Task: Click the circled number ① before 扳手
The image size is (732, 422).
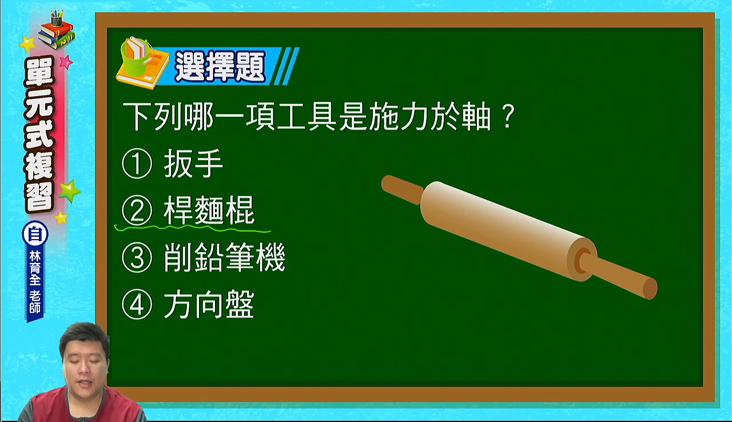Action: [x=137, y=164]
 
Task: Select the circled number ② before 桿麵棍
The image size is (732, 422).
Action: [x=137, y=210]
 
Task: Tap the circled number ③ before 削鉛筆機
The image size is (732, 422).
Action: [x=137, y=258]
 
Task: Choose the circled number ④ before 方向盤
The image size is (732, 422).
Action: [x=137, y=305]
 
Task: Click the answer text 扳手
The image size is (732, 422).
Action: [x=193, y=164]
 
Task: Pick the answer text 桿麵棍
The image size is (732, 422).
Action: [x=209, y=210]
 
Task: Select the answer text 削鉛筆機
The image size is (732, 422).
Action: [x=225, y=258]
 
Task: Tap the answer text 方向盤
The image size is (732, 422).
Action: [x=209, y=305]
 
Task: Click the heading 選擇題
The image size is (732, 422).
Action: [x=220, y=66]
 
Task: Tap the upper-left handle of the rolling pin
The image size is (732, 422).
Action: [x=402, y=189]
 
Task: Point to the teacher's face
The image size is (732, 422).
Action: [x=85, y=363]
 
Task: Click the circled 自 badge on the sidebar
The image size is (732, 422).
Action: [x=35, y=234]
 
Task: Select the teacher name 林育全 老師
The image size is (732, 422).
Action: [x=35, y=282]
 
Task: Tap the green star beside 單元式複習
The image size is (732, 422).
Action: [x=69, y=192]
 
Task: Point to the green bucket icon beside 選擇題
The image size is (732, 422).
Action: [x=135, y=57]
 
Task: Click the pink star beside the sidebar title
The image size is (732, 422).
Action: [x=66, y=62]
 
